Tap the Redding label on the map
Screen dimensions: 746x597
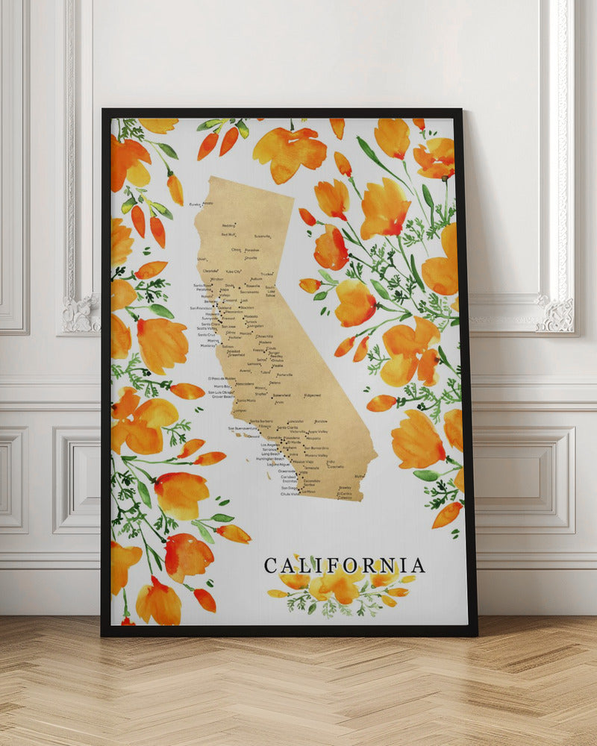(229, 225)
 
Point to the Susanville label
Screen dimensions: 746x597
(263, 236)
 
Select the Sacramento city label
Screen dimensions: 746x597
(249, 292)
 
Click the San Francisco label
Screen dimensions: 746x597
(201, 307)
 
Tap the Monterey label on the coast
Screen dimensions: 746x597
(207, 345)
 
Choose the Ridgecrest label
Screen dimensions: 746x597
(311, 395)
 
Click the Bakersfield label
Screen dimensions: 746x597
(281, 395)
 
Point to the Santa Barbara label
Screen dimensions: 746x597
(260, 421)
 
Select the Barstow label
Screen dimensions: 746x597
(321, 421)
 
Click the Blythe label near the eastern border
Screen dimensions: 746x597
(360, 476)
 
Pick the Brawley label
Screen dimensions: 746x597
(345, 488)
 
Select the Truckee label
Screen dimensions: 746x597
(266, 275)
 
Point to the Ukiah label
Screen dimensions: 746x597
(202, 259)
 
